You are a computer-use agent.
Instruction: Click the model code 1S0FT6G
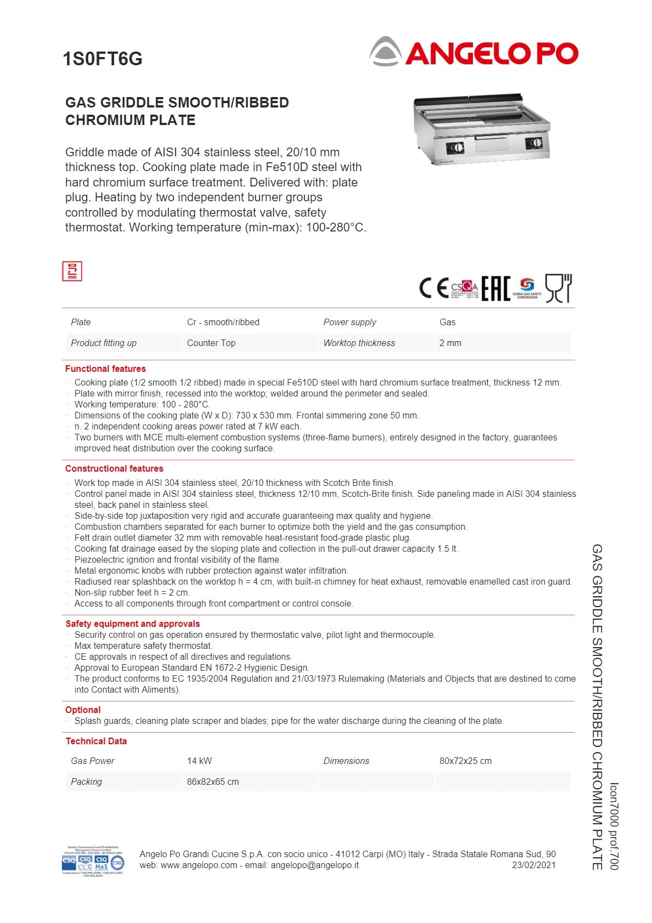pos(102,59)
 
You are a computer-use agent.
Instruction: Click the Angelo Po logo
pos(473,52)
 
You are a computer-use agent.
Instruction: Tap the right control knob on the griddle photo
pos(534,144)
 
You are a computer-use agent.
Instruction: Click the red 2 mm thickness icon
pos(72,271)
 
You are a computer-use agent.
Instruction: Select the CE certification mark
pos(434,288)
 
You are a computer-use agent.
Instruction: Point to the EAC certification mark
pos(495,288)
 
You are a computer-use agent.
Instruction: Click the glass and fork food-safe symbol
pos(558,288)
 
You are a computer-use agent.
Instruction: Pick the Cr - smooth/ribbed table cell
pos(223,322)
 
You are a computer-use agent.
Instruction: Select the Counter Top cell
pos(211,343)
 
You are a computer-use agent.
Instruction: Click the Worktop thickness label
pos(359,343)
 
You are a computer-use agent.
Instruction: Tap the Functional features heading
pos(105,369)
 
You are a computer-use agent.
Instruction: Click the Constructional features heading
pos(114,468)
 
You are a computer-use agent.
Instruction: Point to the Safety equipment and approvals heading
pos(133,624)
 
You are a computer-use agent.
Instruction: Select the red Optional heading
pos(83,710)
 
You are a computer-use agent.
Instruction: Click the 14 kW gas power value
pos(199,761)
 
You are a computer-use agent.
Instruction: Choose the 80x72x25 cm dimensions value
pos(465,761)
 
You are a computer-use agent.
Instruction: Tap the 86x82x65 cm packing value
pos(213,782)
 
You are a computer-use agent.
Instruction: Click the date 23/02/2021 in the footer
pos(534,865)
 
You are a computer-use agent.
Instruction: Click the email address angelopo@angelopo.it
pos(314,865)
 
